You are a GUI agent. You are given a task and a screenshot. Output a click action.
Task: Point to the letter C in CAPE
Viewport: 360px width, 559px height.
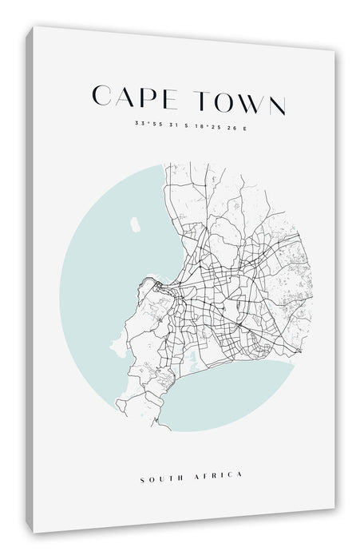(x=101, y=101)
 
